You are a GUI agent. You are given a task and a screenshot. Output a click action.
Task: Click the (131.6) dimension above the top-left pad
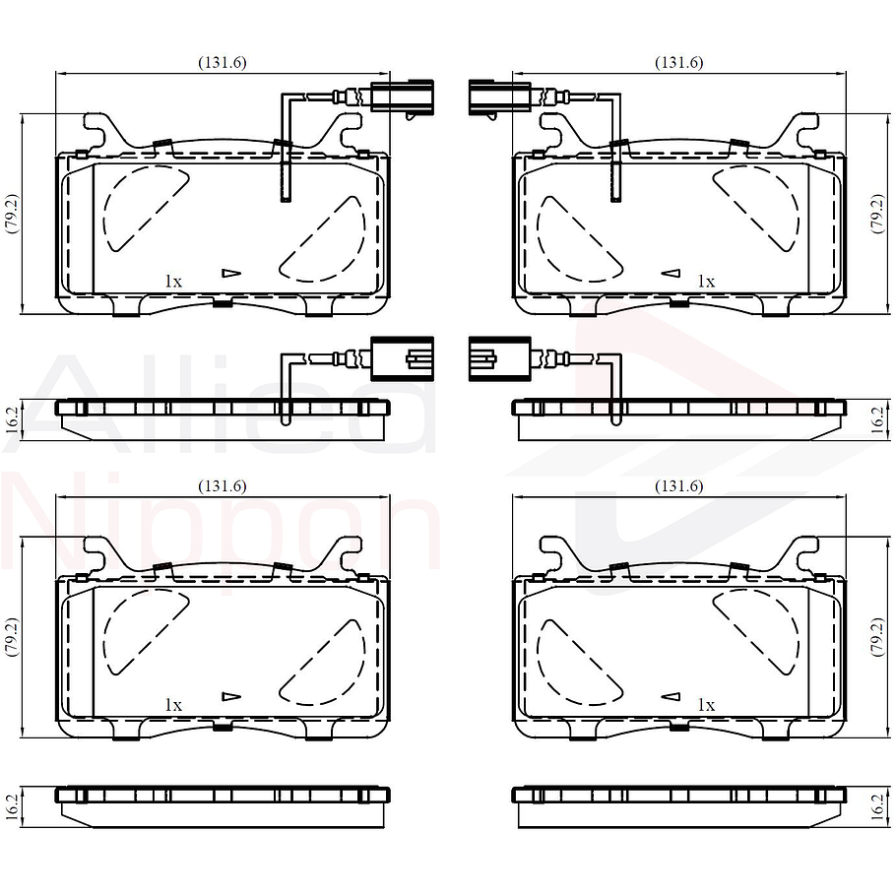[223, 62]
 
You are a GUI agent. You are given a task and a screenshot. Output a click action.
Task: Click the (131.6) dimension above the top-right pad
[678, 62]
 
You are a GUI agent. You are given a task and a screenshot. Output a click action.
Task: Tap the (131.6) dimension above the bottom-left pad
[223, 485]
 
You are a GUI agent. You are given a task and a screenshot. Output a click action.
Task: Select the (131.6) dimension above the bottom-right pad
[678, 485]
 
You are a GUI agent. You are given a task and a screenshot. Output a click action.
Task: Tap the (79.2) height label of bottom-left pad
[12, 638]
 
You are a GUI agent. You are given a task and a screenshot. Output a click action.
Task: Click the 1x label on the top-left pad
[173, 281]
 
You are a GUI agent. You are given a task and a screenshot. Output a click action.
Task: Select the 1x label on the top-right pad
[705, 281]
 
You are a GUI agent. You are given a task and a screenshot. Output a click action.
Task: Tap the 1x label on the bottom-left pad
[173, 704]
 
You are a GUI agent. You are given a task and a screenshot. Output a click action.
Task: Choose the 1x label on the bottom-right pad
[705, 704]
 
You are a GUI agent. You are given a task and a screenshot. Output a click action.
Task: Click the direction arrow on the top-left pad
[230, 273]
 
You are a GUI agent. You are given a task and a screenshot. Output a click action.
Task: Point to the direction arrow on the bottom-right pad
[671, 696]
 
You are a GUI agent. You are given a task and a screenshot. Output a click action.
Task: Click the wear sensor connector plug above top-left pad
[401, 97]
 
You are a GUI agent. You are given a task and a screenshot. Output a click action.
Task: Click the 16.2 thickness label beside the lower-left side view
[12, 806]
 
